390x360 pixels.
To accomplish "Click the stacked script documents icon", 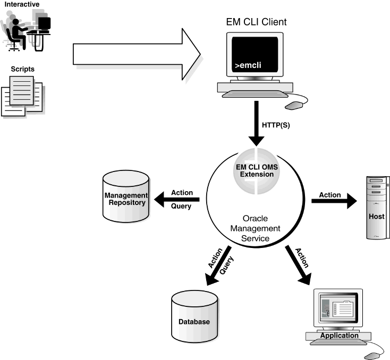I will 22,96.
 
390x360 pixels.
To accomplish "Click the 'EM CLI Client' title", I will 256,22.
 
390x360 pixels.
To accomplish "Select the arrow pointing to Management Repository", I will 175,200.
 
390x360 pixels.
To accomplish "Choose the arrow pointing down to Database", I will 217,268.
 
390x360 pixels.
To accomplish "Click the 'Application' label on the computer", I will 338,336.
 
